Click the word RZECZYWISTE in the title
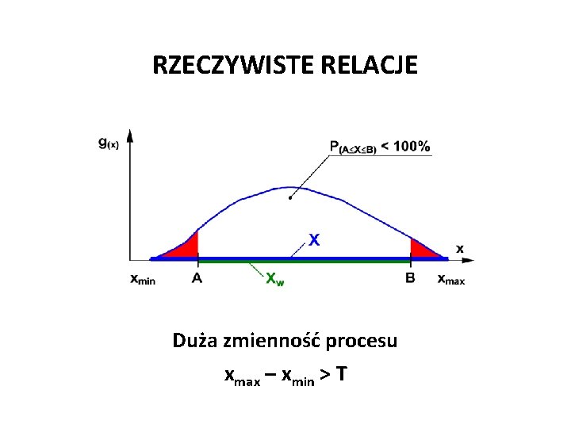click(235, 65)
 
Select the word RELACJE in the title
click(370, 65)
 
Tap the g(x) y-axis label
click(108, 143)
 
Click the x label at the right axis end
click(459, 249)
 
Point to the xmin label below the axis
click(143, 279)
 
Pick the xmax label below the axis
click(451, 279)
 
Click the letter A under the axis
click(197, 278)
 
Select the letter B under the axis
click(410, 278)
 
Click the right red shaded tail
click(420, 249)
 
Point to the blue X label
click(315, 239)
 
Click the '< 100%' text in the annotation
click(406, 146)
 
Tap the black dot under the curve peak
click(290, 198)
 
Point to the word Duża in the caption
click(195, 341)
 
